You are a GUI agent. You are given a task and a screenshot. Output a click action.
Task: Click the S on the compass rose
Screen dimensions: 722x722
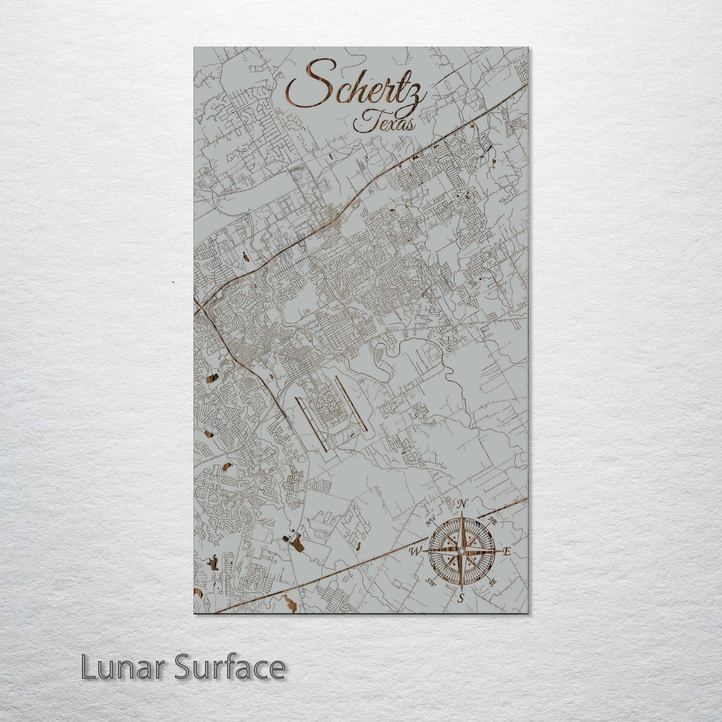click(x=461, y=598)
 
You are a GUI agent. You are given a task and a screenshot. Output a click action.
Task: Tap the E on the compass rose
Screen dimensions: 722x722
click(x=506, y=552)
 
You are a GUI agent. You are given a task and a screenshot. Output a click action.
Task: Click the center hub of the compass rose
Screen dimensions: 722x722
click(x=462, y=551)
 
